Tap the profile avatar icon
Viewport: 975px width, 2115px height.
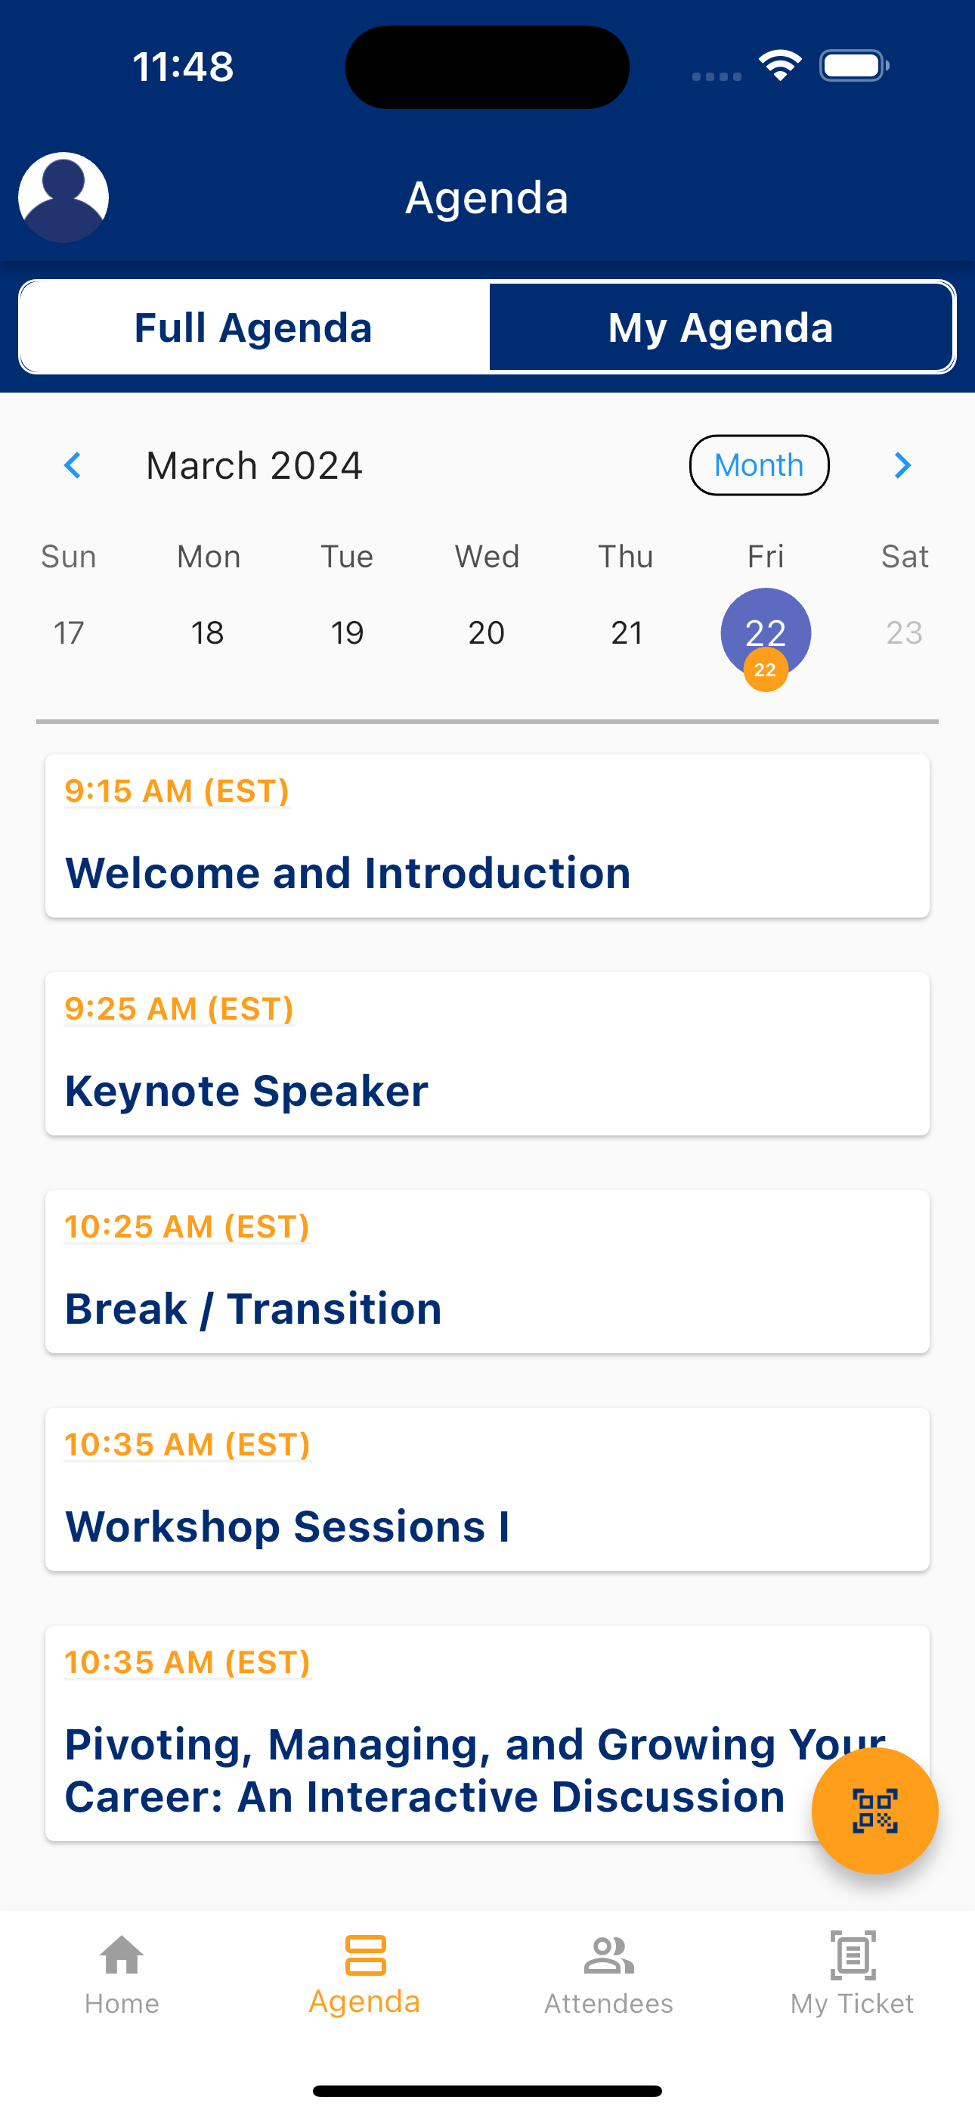coord(63,197)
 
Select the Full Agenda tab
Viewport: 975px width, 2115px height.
coord(255,328)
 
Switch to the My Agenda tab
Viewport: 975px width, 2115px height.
coord(720,328)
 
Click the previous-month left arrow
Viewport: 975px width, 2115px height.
coord(73,465)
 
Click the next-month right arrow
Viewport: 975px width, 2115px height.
coord(902,465)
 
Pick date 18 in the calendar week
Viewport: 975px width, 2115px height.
coord(208,633)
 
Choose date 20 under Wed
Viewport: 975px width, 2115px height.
coord(487,633)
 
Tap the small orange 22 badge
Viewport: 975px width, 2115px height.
coord(766,670)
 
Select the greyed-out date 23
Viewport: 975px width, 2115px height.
coord(905,633)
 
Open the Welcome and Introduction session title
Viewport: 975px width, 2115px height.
coord(348,873)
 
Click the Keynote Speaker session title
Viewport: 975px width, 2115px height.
coord(247,1092)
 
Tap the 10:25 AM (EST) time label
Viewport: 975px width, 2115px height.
coord(187,1227)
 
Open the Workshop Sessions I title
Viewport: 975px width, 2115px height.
coord(287,1527)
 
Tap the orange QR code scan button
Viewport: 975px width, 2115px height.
coord(875,1811)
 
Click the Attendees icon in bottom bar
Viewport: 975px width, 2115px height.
coord(609,1955)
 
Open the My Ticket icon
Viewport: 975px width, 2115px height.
coord(853,1955)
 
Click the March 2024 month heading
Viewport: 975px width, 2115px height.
coord(255,465)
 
